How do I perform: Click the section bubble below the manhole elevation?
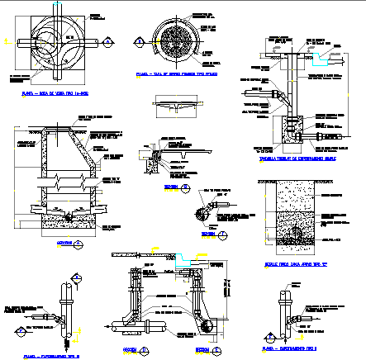[78, 244]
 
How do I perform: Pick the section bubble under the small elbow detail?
[223, 235]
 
